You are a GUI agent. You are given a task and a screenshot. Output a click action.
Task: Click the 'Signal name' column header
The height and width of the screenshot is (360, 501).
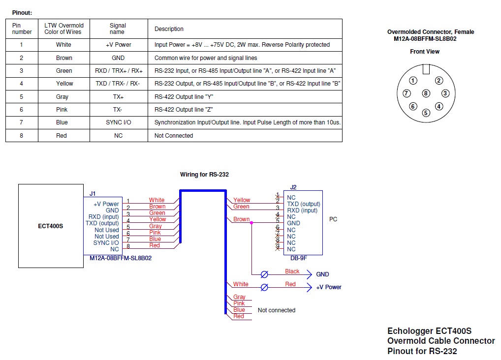click(x=118, y=29)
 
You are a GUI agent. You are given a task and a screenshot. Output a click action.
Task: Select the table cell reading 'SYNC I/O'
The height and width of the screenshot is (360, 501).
click(x=118, y=122)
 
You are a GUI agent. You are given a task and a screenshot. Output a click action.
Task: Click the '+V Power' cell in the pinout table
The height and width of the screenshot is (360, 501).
click(x=118, y=45)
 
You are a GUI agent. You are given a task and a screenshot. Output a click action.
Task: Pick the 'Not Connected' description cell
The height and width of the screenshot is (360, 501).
click(x=174, y=136)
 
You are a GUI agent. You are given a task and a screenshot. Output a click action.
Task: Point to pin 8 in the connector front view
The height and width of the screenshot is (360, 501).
click(x=426, y=93)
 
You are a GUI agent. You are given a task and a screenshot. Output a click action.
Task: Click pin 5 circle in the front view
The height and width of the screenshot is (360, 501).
click(x=426, y=113)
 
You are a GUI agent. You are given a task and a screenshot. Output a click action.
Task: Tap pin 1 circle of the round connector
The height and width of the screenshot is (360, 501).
click(x=413, y=81)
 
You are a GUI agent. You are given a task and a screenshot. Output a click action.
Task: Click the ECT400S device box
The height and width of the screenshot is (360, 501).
click(x=51, y=226)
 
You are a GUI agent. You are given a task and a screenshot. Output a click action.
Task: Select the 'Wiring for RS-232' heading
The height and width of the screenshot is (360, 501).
click(x=204, y=175)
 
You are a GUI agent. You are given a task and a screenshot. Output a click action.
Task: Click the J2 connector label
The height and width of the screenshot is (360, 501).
click(x=293, y=187)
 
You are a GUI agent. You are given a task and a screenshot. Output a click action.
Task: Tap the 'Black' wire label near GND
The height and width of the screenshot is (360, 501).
click(x=292, y=271)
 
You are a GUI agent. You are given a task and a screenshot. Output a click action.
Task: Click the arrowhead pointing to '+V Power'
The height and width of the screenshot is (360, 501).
click(x=309, y=287)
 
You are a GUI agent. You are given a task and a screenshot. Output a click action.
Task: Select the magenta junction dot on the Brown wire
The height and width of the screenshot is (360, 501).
click(x=251, y=223)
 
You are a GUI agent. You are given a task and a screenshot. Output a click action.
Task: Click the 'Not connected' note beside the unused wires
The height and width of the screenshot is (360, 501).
click(x=277, y=310)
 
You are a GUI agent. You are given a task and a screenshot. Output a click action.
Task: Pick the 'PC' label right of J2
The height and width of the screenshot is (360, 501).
click(x=333, y=219)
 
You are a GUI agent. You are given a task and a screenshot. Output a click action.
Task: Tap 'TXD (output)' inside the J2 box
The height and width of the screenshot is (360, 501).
click(x=304, y=204)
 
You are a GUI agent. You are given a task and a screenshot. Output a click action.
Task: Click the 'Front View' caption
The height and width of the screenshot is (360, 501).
click(x=425, y=52)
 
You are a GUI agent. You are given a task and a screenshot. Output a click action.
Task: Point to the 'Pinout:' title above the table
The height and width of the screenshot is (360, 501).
click(x=22, y=13)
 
